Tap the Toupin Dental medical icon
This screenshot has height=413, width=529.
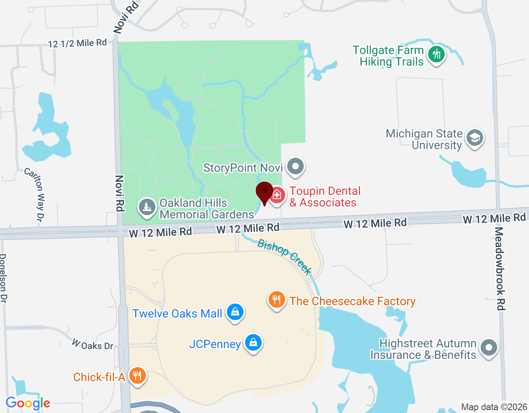[x=277, y=195]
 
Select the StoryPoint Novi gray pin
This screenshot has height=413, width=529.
[x=295, y=167]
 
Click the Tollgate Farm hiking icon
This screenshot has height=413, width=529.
[x=436, y=54]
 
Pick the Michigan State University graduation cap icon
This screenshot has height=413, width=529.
[x=474, y=138]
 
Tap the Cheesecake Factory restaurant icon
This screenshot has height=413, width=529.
[x=277, y=300]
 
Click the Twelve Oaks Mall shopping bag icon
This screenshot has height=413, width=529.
[x=235, y=312]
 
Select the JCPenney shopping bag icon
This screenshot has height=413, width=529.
[x=253, y=342]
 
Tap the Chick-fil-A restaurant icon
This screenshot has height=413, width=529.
[x=137, y=376]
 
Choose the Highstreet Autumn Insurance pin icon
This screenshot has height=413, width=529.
[x=489, y=348]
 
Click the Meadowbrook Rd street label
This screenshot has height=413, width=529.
[x=500, y=268]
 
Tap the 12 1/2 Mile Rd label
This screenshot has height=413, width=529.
[x=77, y=43]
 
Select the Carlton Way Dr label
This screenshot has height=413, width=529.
[x=35, y=194]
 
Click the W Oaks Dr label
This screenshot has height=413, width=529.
[x=93, y=344]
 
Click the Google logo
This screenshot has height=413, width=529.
[x=28, y=404]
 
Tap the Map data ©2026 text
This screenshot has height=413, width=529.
[x=494, y=407]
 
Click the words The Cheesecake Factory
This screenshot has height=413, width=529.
[x=353, y=301]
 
